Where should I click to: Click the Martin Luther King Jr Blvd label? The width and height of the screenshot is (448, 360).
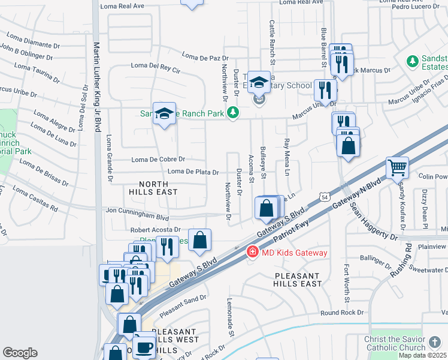coord(96,86)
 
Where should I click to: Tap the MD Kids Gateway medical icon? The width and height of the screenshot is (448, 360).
coord(253,252)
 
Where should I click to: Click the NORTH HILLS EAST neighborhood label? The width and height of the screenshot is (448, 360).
coord(153,188)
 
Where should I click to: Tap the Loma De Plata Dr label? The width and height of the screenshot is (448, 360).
coord(193,172)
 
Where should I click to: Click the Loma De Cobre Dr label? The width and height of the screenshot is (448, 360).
coord(158,159)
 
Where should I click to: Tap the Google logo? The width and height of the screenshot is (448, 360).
coord(20,353)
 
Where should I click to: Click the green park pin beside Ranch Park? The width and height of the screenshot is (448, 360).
coord(234,113)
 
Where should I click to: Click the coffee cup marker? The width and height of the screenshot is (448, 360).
coord(144,347)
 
